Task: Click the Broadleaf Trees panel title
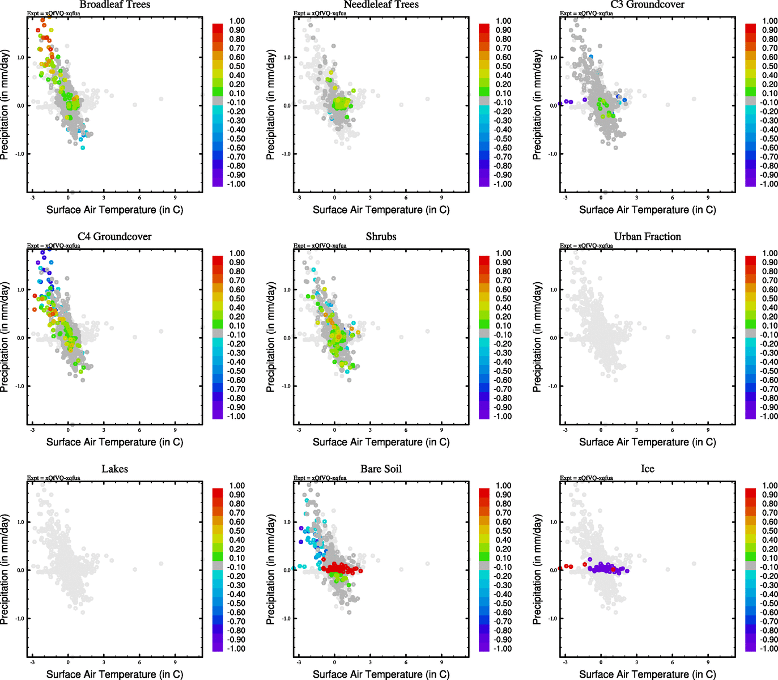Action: [114, 5]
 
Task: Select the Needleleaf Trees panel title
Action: [381, 5]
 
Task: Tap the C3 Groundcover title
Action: [647, 5]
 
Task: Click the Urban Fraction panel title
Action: [647, 236]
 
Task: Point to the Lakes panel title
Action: [114, 469]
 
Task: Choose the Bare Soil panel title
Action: [381, 469]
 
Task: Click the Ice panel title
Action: [647, 469]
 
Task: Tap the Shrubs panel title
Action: [381, 236]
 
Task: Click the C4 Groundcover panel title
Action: [114, 236]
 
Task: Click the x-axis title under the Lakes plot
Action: [114, 674]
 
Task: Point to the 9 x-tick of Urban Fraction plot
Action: [708, 430]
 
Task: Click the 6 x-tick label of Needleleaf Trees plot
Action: [406, 197]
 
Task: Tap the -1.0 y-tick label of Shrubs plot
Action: [287, 386]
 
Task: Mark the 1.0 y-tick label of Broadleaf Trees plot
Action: [20, 57]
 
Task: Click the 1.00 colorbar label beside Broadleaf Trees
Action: [237, 21]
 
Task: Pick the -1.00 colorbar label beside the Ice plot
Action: [769, 648]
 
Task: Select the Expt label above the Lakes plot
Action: [54, 478]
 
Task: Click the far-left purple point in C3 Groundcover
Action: [560, 104]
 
